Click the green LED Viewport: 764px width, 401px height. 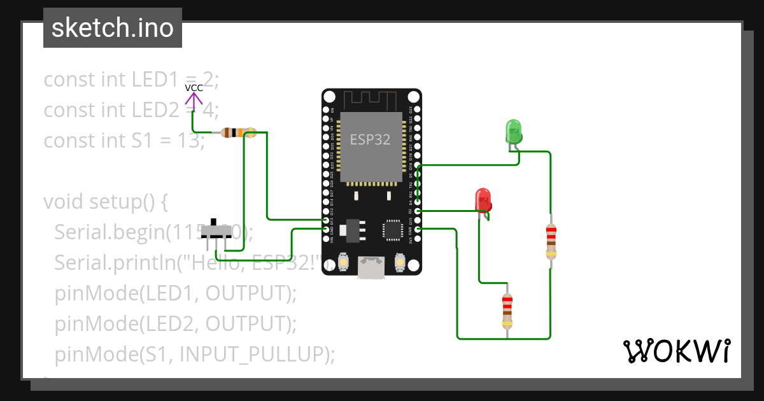point(513,132)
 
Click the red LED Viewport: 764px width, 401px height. point(483,200)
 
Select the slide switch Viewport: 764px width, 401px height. point(217,233)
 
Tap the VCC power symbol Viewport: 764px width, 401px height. point(194,96)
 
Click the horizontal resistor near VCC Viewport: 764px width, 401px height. point(237,133)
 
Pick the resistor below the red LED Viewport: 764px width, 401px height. point(507,310)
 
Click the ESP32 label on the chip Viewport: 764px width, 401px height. point(371,139)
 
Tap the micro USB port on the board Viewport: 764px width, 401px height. point(371,267)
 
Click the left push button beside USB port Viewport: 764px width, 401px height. point(343,262)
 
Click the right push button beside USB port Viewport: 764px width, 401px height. point(400,262)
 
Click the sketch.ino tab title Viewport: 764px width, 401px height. point(112,28)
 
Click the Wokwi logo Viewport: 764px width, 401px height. point(676,351)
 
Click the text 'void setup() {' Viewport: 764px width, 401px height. point(105,201)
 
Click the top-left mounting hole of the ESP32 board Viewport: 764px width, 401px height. point(329,97)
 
